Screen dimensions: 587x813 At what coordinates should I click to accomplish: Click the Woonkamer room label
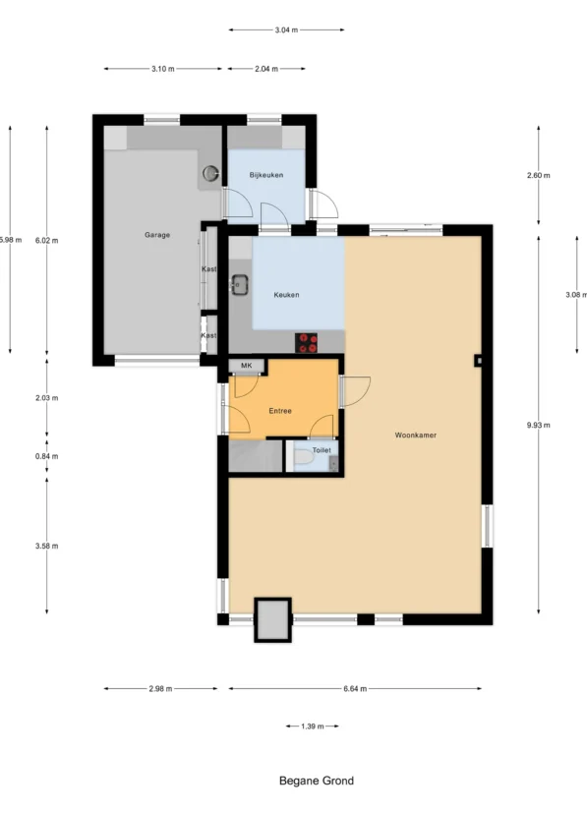pos(415,436)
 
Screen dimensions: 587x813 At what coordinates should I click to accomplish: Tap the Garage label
pos(157,235)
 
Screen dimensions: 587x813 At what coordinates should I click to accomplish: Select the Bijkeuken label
pos(266,175)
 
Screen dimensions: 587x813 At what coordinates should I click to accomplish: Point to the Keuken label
pos(286,295)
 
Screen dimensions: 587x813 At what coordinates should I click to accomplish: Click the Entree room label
pos(280,411)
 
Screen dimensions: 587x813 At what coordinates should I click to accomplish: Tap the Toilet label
pos(322,450)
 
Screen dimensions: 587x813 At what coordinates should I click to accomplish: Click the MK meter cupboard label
pos(247,366)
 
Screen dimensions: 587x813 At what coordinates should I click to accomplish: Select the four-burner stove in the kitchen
pos(306,343)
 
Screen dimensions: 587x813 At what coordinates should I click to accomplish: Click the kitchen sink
pos(239,285)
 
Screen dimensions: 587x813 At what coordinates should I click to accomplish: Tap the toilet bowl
pos(304,458)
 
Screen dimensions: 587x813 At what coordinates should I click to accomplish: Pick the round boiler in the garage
pos(210,172)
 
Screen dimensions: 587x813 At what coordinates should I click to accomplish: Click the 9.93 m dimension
pos(538,425)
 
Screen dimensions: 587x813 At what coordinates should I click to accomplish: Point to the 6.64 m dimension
pos(355,688)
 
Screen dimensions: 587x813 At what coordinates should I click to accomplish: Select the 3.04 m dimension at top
pos(286,30)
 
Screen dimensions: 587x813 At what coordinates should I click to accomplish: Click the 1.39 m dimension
pos(312,726)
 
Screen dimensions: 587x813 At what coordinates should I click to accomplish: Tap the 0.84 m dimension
pos(46,456)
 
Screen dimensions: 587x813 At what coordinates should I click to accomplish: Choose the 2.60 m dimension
pos(538,175)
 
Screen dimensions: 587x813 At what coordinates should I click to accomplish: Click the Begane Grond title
pos(317,781)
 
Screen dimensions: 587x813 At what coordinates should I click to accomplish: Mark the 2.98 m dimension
pos(160,688)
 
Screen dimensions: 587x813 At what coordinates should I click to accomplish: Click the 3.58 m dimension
pos(46,546)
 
